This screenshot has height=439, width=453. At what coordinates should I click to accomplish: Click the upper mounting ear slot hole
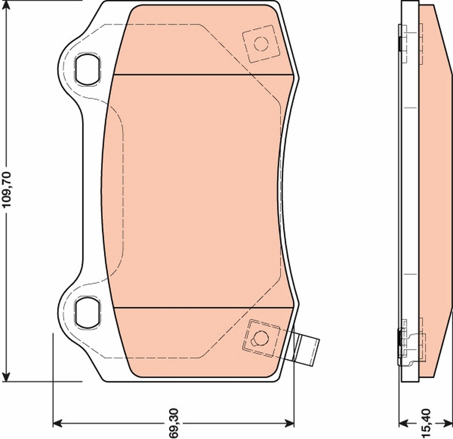click(x=87, y=69)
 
